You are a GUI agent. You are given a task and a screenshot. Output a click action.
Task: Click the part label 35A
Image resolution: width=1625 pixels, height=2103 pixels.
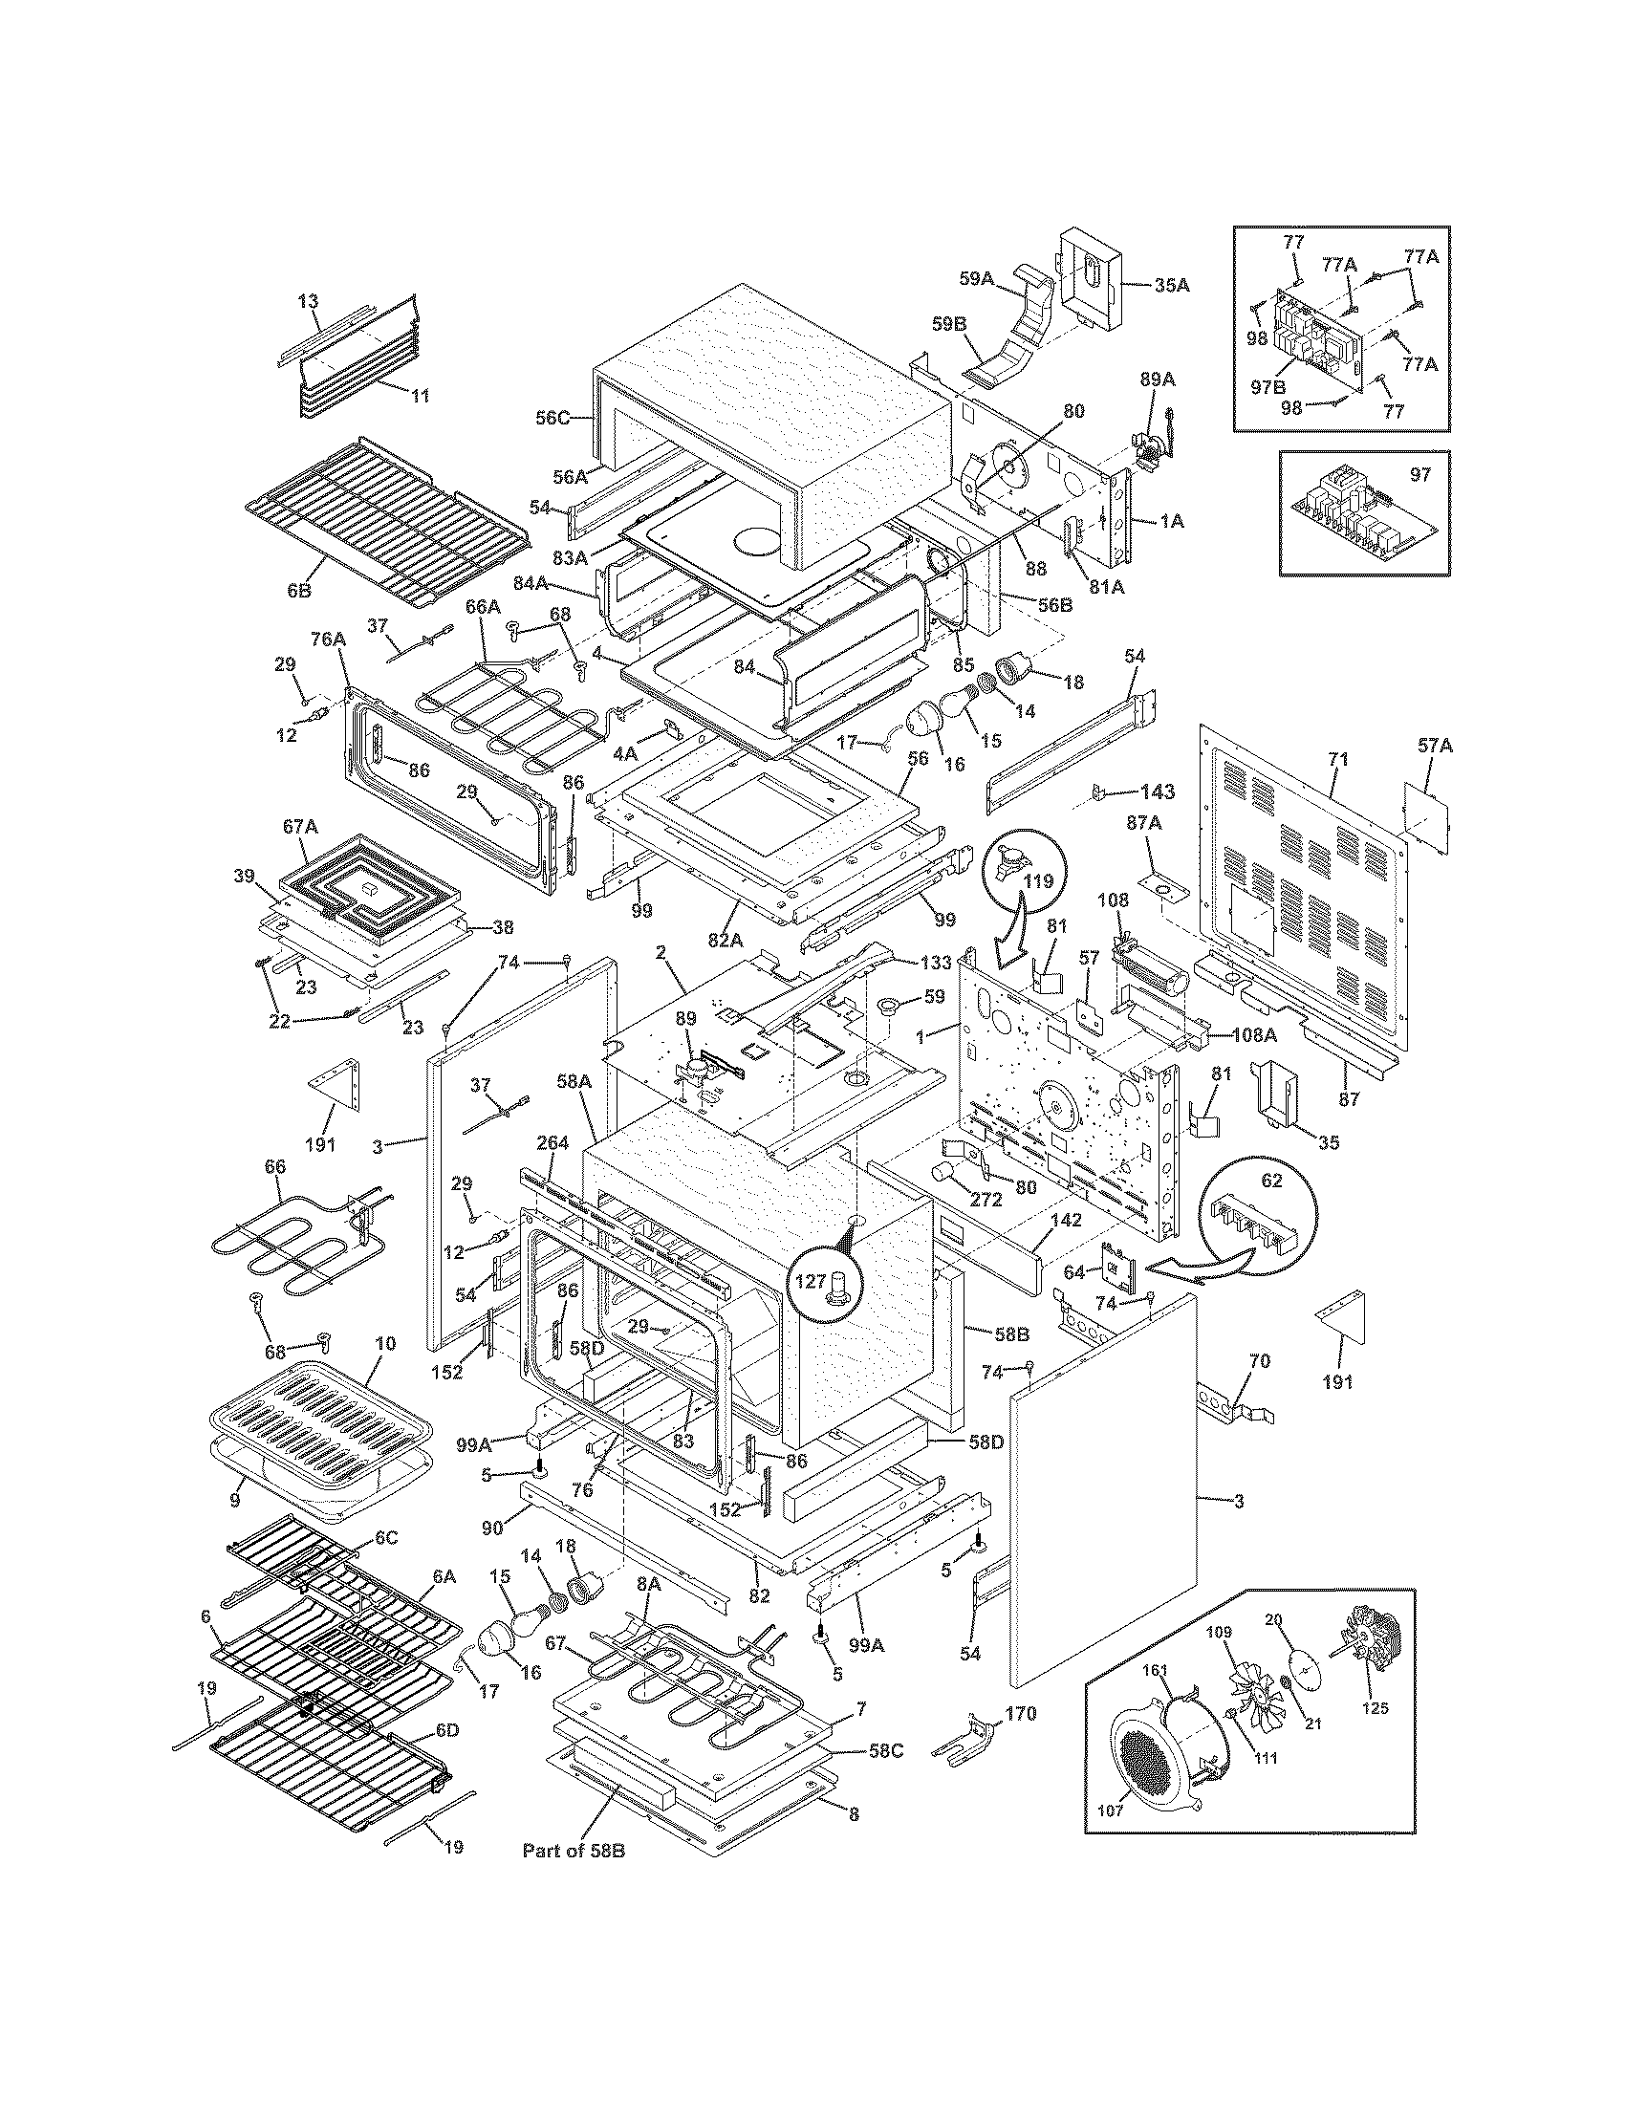(1171, 285)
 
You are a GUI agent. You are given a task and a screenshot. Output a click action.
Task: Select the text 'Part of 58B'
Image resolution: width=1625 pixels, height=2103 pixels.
(574, 1850)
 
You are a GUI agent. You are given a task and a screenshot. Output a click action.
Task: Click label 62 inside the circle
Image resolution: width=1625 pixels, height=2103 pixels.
(1272, 1182)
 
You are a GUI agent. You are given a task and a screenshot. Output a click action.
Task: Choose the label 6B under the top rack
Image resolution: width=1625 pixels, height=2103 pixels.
(298, 590)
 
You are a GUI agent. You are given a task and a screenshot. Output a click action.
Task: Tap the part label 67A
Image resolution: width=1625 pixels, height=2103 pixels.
(299, 826)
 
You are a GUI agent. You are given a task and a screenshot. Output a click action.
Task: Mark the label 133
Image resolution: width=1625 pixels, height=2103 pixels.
(936, 962)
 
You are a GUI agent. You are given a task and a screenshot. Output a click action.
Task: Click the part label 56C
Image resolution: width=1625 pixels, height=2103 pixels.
(553, 417)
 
